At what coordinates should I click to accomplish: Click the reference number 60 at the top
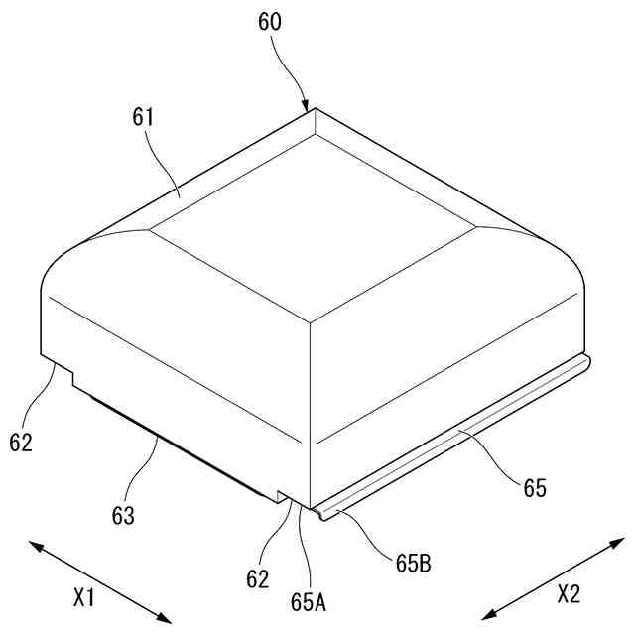click(x=270, y=23)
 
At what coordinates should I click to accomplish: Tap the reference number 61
click(x=144, y=118)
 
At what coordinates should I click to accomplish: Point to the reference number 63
click(x=124, y=516)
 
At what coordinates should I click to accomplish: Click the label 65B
click(x=412, y=566)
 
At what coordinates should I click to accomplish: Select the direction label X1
click(x=84, y=598)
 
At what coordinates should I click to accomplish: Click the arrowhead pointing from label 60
click(x=307, y=105)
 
